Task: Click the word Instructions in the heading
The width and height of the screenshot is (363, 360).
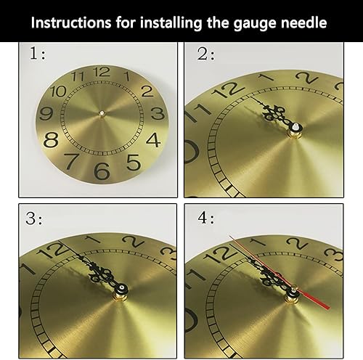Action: point(71,22)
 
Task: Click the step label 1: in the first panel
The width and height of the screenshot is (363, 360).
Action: point(37,53)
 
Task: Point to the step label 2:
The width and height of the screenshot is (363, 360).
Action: point(205,54)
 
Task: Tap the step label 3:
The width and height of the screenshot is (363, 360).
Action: point(34,218)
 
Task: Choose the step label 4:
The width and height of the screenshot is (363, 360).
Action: point(206,218)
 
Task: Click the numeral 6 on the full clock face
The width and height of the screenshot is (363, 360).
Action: point(102,171)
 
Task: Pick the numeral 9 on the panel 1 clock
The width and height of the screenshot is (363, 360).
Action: point(46,114)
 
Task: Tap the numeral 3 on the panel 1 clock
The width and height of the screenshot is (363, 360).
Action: point(158,113)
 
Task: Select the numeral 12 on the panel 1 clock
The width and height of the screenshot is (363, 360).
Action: point(102,72)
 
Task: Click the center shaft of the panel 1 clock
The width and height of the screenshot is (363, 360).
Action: point(102,113)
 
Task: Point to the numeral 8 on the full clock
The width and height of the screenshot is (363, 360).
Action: point(51,140)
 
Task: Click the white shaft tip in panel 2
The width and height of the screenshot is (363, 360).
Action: point(296,127)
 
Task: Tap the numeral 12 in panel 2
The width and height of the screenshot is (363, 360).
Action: point(229,89)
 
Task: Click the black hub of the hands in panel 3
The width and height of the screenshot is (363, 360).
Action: point(121,288)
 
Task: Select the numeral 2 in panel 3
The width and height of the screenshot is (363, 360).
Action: point(134,242)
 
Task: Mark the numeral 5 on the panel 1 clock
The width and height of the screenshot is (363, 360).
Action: point(134,163)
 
